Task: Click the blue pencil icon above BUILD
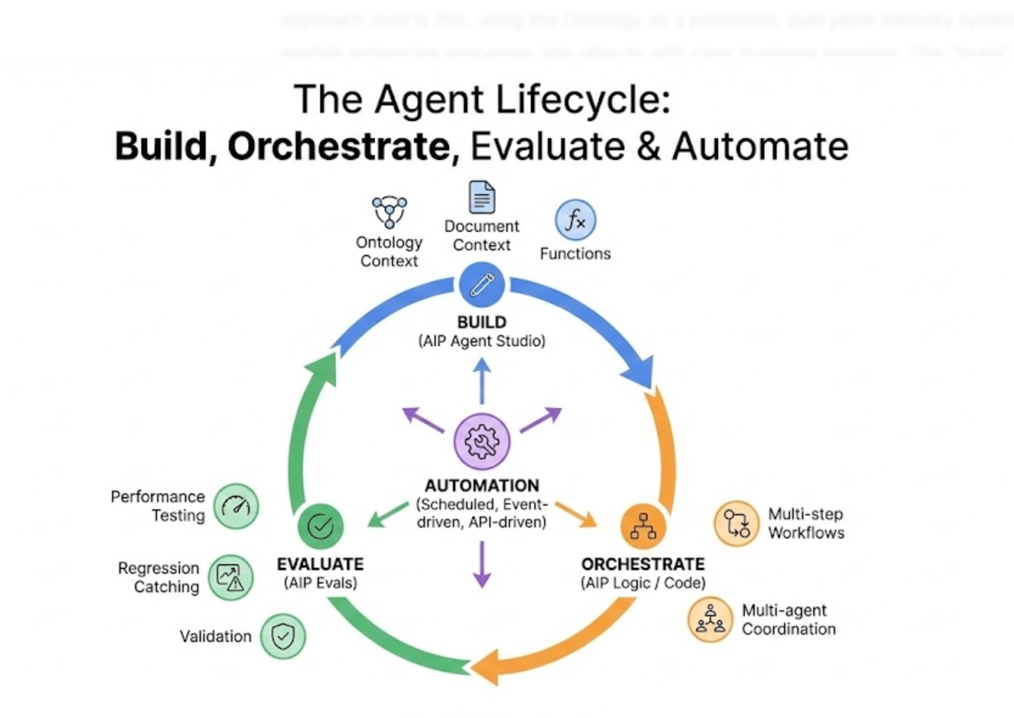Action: click(x=481, y=285)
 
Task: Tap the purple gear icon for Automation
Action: click(x=481, y=441)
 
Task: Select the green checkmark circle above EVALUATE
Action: click(x=320, y=526)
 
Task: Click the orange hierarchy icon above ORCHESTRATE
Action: click(x=643, y=526)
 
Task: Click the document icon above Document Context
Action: click(x=481, y=197)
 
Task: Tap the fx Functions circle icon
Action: click(x=575, y=220)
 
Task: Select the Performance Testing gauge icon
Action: click(x=236, y=506)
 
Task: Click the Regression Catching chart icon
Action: click(x=230, y=577)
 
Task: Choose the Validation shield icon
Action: click(x=283, y=636)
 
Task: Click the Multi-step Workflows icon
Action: click(x=736, y=523)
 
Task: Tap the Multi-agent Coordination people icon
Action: click(x=710, y=619)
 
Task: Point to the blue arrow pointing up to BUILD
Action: click(x=481, y=380)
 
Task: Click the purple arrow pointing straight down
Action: click(x=481, y=565)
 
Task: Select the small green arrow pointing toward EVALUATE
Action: click(x=388, y=514)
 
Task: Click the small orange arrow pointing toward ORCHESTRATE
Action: click(x=576, y=515)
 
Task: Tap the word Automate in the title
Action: click(x=760, y=147)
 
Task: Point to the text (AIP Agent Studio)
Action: click(x=481, y=341)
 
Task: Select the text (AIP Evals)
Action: click(x=320, y=583)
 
